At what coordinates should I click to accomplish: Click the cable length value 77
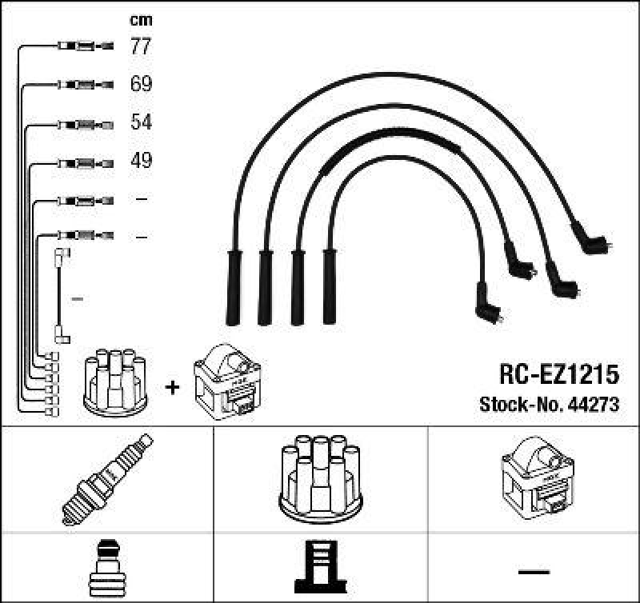[x=141, y=46]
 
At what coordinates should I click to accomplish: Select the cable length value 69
[x=141, y=84]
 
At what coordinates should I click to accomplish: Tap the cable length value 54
[x=141, y=122]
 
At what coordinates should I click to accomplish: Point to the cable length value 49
[x=141, y=161]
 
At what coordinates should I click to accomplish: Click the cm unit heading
[x=141, y=20]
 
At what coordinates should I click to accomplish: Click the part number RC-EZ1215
[x=559, y=375]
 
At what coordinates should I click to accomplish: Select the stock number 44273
[x=592, y=405]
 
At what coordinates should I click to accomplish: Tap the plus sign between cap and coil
[x=171, y=388]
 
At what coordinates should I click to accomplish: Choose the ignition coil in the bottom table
[x=534, y=477]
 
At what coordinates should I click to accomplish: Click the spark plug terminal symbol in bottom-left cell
[x=106, y=569]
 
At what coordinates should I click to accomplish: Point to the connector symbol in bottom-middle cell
[x=320, y=569]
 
